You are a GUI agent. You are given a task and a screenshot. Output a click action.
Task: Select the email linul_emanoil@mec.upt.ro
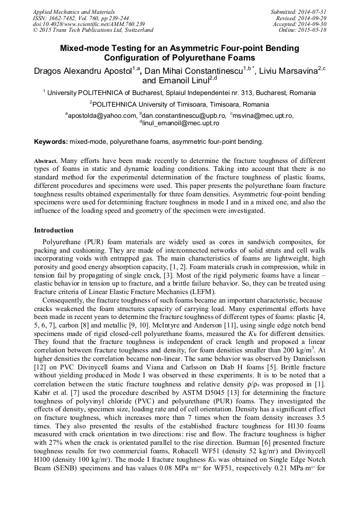[181, 123]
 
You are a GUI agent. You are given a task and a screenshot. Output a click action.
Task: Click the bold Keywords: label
[51, 142]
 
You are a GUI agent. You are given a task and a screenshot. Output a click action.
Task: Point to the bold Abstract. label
[46, 161]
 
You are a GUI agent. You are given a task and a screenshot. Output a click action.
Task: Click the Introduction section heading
[54, 230]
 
